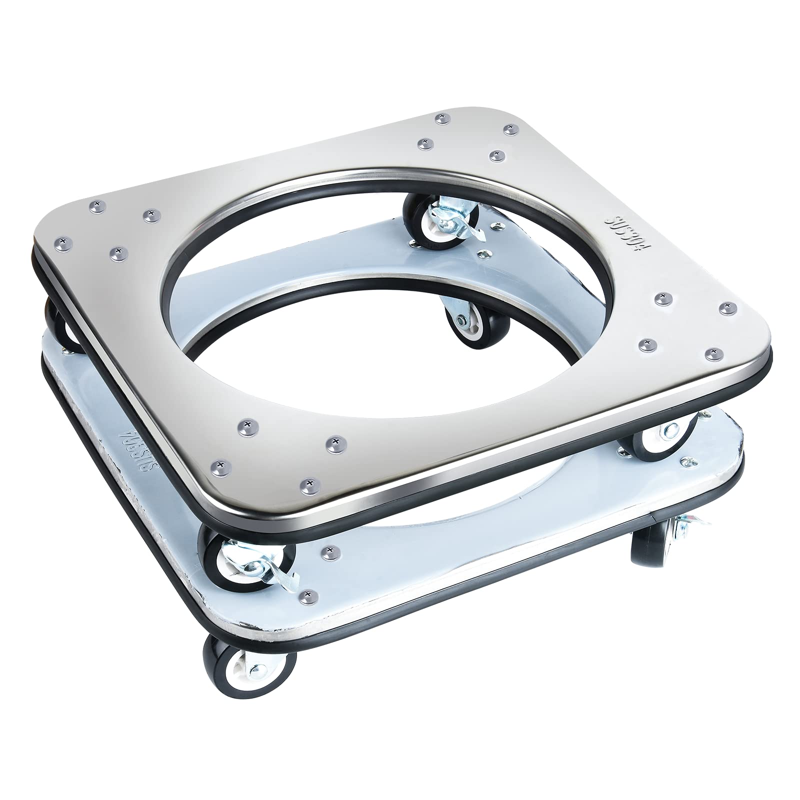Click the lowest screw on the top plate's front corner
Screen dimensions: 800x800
(x=309, y=482)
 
